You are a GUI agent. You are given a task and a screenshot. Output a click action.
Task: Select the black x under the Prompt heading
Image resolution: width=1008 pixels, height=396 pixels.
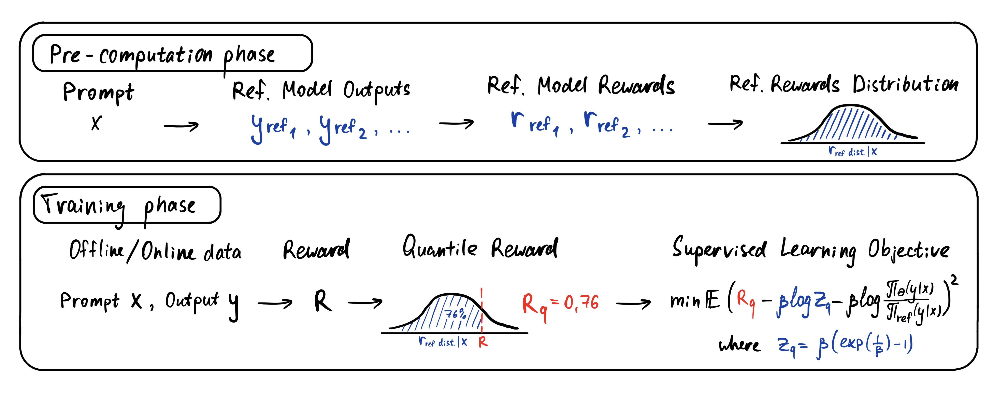pyautogui.click(x=96, y=123)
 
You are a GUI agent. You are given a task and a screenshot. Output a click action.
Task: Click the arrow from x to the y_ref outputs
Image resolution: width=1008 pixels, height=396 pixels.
pyautogui.click(x=181, y=126)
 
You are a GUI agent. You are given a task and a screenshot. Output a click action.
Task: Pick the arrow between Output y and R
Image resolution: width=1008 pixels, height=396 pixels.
pyautogui.click(x=275, y=302)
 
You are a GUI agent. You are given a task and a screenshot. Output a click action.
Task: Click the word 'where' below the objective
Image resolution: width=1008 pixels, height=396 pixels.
pyautogui.click(x=739, y=345)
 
